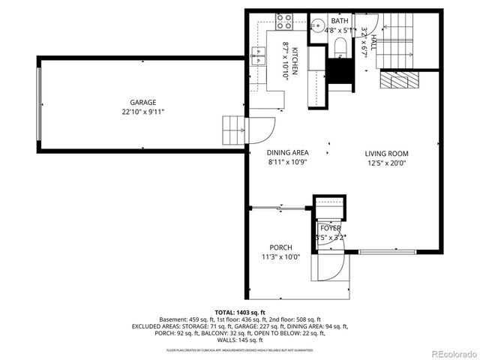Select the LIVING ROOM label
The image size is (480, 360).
tap(386, 153)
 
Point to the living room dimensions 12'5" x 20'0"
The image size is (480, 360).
tap(386, 163)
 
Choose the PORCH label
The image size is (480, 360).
tap(280, 247)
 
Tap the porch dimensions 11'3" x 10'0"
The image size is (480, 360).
tap(280, 257)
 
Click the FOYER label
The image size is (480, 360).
tap(330, 228)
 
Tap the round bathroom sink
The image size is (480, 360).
tap(316, 30)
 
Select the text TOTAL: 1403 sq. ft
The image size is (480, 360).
tap(239, 312)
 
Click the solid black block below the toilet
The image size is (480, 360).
tap(340, 73)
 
